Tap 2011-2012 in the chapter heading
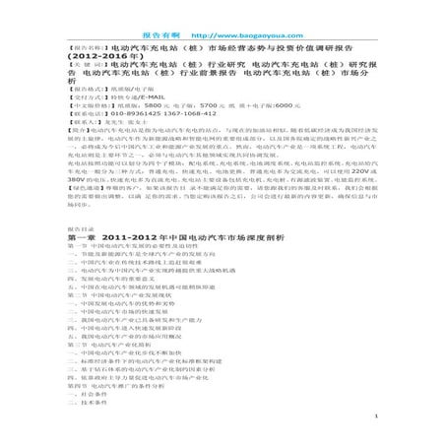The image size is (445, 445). [x=124, y=236]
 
